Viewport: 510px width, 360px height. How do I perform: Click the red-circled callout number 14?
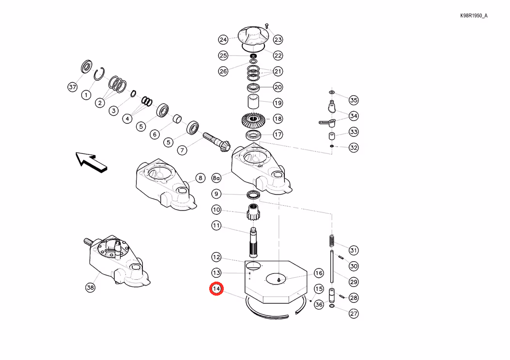point(216,288)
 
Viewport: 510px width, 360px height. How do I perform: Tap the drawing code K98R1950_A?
point(474,15)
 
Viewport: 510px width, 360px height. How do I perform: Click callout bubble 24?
point(223,40)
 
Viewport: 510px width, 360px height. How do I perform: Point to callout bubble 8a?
point(216,178)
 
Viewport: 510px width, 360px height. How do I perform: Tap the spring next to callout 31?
point(332,240)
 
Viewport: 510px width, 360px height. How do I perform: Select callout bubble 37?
point(72,87)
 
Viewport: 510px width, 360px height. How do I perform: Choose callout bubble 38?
point(90,287)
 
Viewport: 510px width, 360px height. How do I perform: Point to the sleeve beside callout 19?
point(253,102)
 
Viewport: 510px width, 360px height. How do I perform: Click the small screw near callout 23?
point(267,26)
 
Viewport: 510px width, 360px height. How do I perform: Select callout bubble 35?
point(354,100)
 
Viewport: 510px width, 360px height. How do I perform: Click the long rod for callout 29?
point(332,267)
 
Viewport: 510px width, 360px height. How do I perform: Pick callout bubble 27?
point(354,314)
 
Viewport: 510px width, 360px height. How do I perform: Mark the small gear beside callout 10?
point(253,212)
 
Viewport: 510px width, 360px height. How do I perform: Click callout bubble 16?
point(319,273)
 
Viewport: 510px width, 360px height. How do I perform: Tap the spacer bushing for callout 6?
point(177,119)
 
